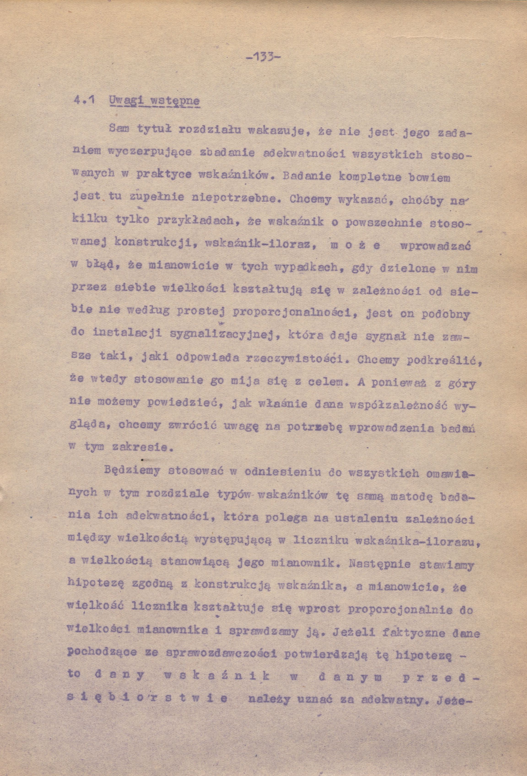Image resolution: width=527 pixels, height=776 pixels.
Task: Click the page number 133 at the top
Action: tap(263, 57)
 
